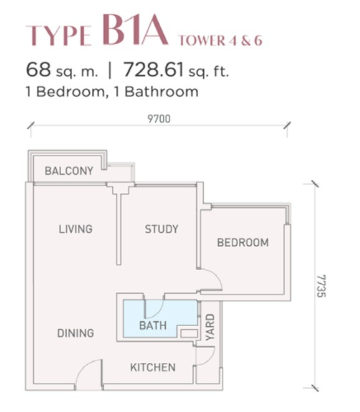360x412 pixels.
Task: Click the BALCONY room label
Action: pos(69,171)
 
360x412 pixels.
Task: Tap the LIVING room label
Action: pos(75,229)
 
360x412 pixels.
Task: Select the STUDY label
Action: pos(162,229)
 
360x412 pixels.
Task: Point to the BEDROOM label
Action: pos(243,243)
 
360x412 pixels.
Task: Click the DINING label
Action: pos(75,333)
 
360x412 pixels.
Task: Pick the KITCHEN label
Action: pos(153,368)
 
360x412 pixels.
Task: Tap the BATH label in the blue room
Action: pos(153,326)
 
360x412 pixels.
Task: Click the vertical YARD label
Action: pos(210,327)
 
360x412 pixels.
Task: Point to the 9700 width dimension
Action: pos(159,119)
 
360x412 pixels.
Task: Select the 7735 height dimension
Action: pos(321,286)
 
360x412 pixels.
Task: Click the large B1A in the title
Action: pos(135,30)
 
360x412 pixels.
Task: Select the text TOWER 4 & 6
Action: pos(220,40)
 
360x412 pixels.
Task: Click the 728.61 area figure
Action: pos(154,69)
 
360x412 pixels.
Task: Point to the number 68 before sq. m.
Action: pos(39,69)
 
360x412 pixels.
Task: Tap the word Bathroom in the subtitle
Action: pos(161,91)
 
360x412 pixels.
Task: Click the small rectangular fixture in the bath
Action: pos(189,334)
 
